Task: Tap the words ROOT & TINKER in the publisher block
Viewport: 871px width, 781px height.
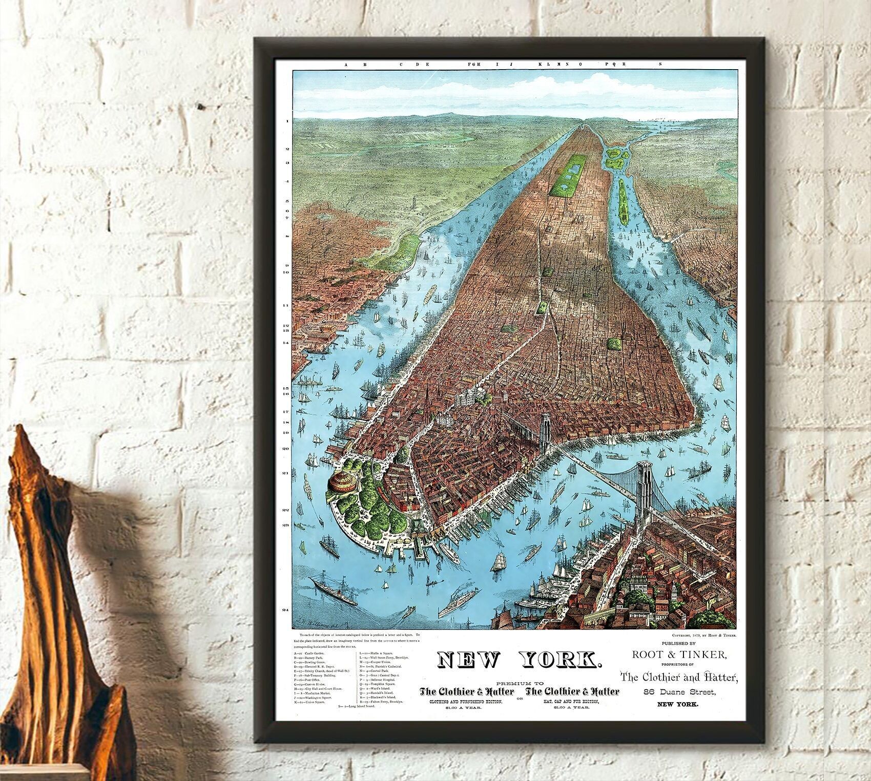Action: click(x=679, y=654)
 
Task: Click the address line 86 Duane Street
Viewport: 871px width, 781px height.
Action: click(x=679, y=692)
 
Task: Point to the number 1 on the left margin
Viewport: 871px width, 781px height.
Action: click(x=287, y=121)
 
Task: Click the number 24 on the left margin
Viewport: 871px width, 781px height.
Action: click(x=286, y=610)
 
